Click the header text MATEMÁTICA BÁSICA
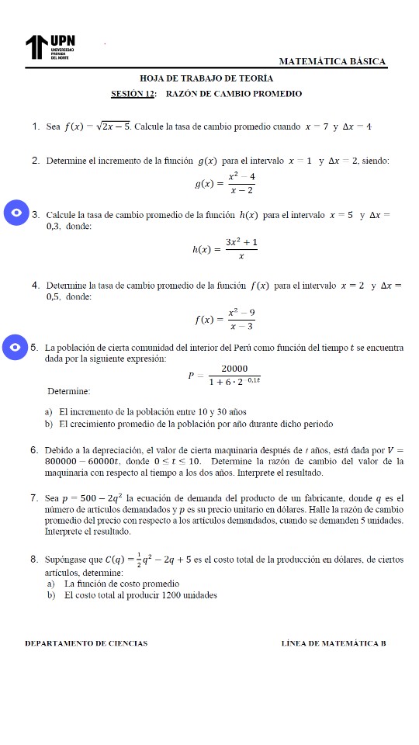click(332, 61)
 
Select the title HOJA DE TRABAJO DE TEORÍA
click(206, 79)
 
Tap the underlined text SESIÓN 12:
click(134, 94)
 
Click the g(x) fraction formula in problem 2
click(227, 184)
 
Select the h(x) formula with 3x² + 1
click(226, 249)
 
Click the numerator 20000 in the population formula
click(234, 369)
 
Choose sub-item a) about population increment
click(147, 411)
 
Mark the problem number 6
click(36, 449)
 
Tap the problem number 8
click(36, 559)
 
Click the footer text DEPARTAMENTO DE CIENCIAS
click(86, 643)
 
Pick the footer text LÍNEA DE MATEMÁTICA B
click(334, 643)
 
